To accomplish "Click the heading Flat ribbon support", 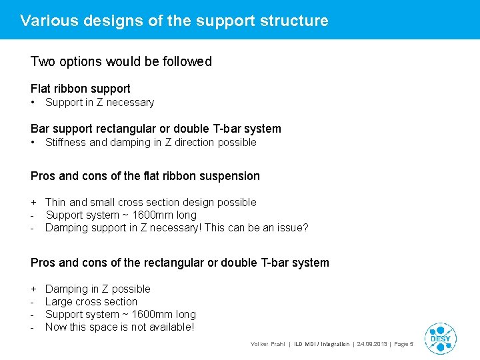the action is (81, 89).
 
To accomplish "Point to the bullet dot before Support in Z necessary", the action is (33, 103).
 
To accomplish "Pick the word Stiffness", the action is (66, 142).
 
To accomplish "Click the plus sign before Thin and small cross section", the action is (33, 202).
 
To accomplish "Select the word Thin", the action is (55, 202).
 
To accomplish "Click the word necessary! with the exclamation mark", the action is (178, 227).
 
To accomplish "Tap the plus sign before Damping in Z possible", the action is (33, 289).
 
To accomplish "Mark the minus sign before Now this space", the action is (33, 327).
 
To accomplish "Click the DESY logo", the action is (440, 338).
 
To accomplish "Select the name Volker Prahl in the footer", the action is (267, 344).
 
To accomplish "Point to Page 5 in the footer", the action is (404, 344).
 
